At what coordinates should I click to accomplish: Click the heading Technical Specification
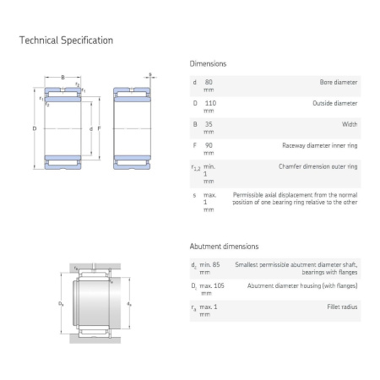point(66,41)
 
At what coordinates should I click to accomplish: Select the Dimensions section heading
point(208,63)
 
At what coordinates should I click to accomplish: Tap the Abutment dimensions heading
point(224,247)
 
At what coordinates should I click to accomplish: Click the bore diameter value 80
point(209,82)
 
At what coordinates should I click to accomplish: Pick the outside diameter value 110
point(210,103)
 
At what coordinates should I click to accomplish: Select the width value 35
point(209,124)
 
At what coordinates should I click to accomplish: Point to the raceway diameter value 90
point(209,145)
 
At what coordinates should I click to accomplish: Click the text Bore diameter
point(339,82)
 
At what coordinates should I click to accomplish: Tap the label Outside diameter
point(335,103)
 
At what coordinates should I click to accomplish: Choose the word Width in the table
point(350,124)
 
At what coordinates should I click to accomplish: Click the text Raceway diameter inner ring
point(320,145)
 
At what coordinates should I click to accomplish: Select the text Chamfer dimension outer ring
point(318,166)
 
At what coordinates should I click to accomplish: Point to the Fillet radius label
point(342,307)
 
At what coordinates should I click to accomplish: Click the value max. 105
point(212,285)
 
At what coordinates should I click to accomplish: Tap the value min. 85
point(209,264)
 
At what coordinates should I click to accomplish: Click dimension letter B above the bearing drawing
point(62,77)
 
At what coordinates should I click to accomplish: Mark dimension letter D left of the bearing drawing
point(35,128)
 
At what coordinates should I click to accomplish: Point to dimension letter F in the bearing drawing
point(99,128)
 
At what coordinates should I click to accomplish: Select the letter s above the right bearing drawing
point(150,74)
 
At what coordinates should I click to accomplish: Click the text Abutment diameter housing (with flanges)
point(302,285)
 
